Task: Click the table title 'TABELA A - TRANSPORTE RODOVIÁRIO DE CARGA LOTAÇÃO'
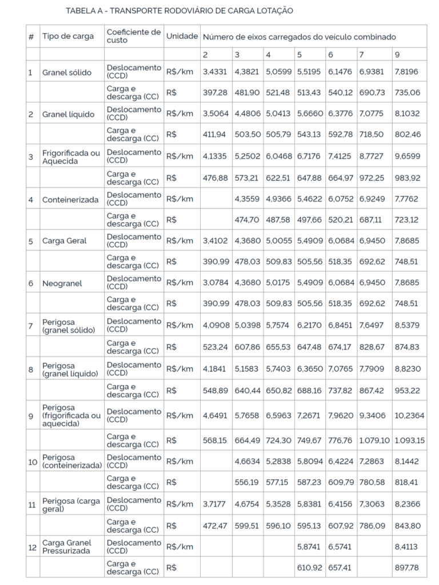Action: coord(179,11)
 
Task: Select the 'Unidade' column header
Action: coord(182,36)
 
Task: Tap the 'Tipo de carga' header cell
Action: coord(67,36)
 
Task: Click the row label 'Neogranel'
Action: coord(62,283)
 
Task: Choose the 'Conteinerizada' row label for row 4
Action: coord(70,199)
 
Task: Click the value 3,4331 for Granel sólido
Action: coord(215,72)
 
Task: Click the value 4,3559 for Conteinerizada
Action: coord(247,199)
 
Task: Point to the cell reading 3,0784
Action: coord(215,283)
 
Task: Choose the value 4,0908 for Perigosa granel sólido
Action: coord(215,325)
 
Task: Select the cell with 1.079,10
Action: coord(374,441)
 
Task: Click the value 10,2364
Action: coord(409,415)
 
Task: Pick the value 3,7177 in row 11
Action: coord(215,504)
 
